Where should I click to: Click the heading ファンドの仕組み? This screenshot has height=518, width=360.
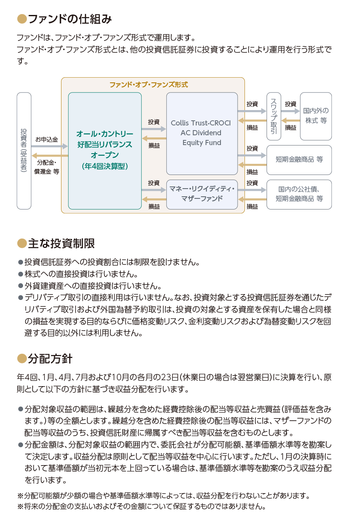(x=70, y=19)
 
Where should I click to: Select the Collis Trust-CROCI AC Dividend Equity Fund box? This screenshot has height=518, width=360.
(x=202, y=134)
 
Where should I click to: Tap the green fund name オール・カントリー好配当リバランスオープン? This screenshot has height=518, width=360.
(x=105, y=144)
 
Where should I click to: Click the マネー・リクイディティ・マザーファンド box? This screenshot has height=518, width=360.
(x=202, y=195)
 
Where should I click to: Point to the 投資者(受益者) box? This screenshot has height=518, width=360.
(x=24, y=151)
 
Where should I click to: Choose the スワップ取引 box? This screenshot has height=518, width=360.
(x=274, y=116)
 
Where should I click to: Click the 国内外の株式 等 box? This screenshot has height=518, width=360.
(x=316, y=116)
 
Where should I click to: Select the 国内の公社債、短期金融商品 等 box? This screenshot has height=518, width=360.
(x=299, y=195)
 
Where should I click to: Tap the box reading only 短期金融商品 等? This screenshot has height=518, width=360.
(x=299, y=160)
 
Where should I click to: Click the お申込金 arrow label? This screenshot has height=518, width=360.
(x=46, y=140)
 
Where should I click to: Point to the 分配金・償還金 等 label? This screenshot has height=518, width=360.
(x=46, y=167)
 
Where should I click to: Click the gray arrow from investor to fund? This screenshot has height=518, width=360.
(x=49, y=146)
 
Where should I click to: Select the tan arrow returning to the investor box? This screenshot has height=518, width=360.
(x=50, y=156)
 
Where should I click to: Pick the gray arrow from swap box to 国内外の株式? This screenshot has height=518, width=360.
(x=290, y=111)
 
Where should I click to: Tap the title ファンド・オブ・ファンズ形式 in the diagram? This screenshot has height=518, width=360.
(x=149, y=84)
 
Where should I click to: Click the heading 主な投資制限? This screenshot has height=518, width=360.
(x=61, y=244)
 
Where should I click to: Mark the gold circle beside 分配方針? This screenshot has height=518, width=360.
(x=22, y=359)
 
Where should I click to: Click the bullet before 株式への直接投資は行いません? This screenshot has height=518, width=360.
(x=20, y=274)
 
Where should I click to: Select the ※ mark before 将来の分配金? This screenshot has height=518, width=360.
(x=20, y=506)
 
